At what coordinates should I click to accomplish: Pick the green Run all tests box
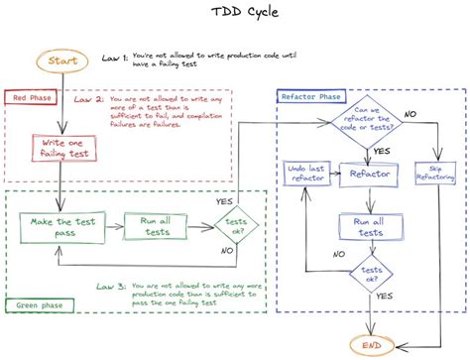tap(155, 227)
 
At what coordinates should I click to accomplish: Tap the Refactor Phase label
tap(311, 96)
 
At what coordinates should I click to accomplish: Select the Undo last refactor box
tap(305, 175)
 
